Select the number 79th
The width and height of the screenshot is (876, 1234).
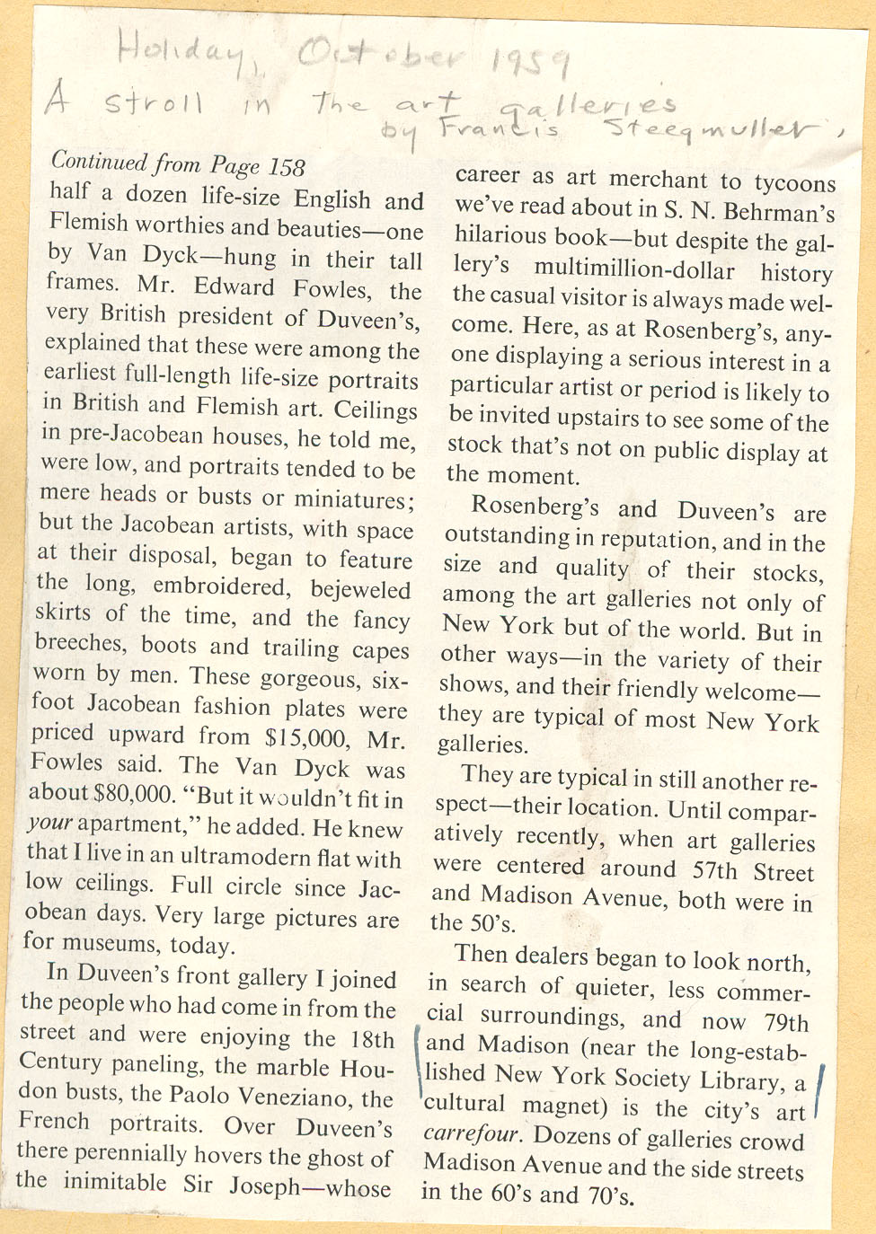786,1023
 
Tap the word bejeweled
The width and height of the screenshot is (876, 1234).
360,589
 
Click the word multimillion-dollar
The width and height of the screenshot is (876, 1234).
634,270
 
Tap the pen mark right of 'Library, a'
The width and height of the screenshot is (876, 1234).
821,1090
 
